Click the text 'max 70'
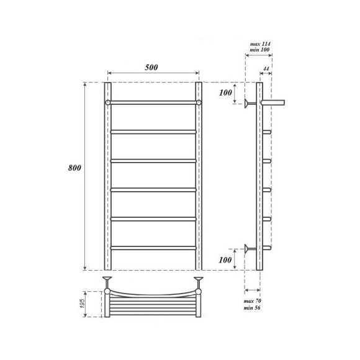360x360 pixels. coord(253,301)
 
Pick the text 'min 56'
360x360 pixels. coord(253,308)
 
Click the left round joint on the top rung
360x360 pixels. coord(107,101)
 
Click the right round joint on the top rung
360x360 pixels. coord(199,101)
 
